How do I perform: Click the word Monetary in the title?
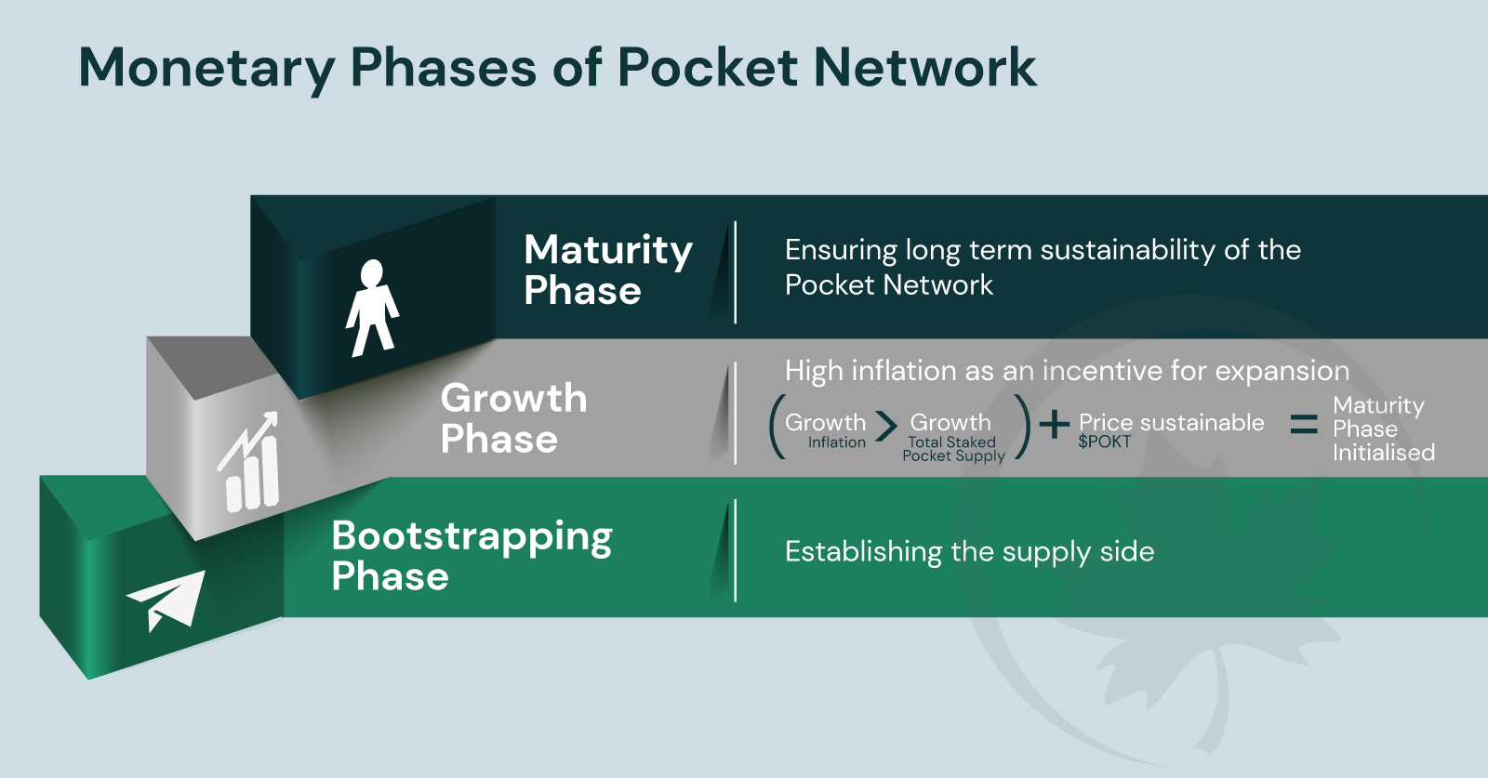(206, 68)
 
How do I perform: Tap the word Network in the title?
(924, 68)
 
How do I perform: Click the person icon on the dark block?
(372, 308)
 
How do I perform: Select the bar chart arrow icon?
(249, 462)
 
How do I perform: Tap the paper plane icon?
(167, 599)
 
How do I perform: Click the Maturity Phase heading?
(607, 270)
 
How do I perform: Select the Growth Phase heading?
(513, 418)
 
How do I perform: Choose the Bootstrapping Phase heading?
(472, 556)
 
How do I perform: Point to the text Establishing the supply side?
(969, 552)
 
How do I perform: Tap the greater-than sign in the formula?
(886, 427)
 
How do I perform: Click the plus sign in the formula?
(1054, 425)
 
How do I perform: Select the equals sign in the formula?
(1304, 425)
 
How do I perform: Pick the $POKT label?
(1104, 442)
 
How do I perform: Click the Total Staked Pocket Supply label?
(953, 449)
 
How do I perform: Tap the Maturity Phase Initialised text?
(1382, 429)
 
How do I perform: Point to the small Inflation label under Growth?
(836, 442)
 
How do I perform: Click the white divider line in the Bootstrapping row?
(735, 550)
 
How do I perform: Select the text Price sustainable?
(1171, 423)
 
